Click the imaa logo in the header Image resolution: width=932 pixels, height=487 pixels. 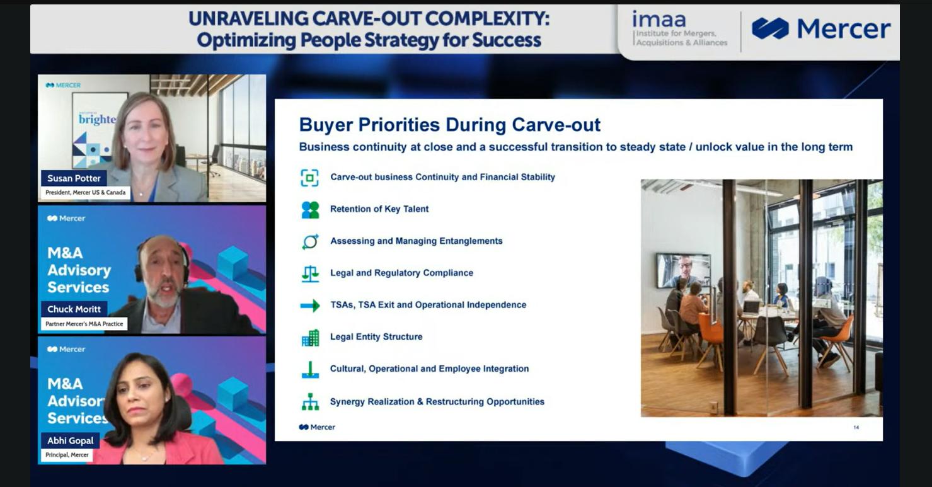tap(679, 28)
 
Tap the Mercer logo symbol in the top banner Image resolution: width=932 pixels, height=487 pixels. tap(770, 28)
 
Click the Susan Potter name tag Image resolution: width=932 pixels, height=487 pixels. tap(74, 178)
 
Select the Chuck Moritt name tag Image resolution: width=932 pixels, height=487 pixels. tap(74, 309)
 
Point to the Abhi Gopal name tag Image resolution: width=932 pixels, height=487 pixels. tap(71, 440)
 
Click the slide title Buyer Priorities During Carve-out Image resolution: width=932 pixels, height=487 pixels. tap(450, 125)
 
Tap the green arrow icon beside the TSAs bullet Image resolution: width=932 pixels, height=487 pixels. tap(310, 306)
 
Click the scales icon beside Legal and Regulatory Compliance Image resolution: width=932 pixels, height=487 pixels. tap(310, 274)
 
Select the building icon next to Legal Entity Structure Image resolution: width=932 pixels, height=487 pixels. tap(311, 338)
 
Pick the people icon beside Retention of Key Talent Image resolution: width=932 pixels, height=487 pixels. tap(310, 210)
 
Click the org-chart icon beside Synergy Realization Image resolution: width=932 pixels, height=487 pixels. tap(310, 402)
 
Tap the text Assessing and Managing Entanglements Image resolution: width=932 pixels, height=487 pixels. tap(416, 241)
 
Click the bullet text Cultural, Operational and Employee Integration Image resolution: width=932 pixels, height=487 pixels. tap(429, 369)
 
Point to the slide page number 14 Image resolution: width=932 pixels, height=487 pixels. tap(856, 427)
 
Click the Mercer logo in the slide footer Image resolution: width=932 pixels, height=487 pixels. tap(317, 427)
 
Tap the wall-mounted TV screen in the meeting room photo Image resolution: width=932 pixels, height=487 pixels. tap(684, 270)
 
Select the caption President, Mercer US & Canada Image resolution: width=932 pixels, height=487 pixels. tap(85, 193)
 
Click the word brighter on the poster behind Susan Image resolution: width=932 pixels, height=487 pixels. tap(98, 119)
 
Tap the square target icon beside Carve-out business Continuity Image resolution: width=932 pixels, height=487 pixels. tap(309, 178)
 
